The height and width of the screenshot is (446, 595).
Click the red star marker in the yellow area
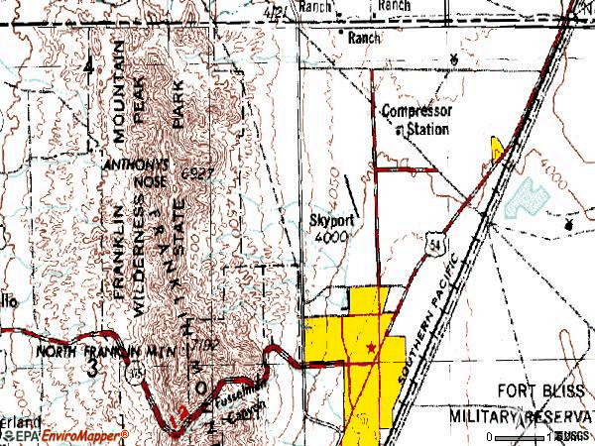(371, 348)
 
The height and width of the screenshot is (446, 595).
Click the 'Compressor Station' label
(416, 119)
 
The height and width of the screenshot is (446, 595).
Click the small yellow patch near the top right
(498, 150)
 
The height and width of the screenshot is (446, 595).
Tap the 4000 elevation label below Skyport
(330, 239)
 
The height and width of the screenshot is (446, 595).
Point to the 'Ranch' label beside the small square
(364, 38)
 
